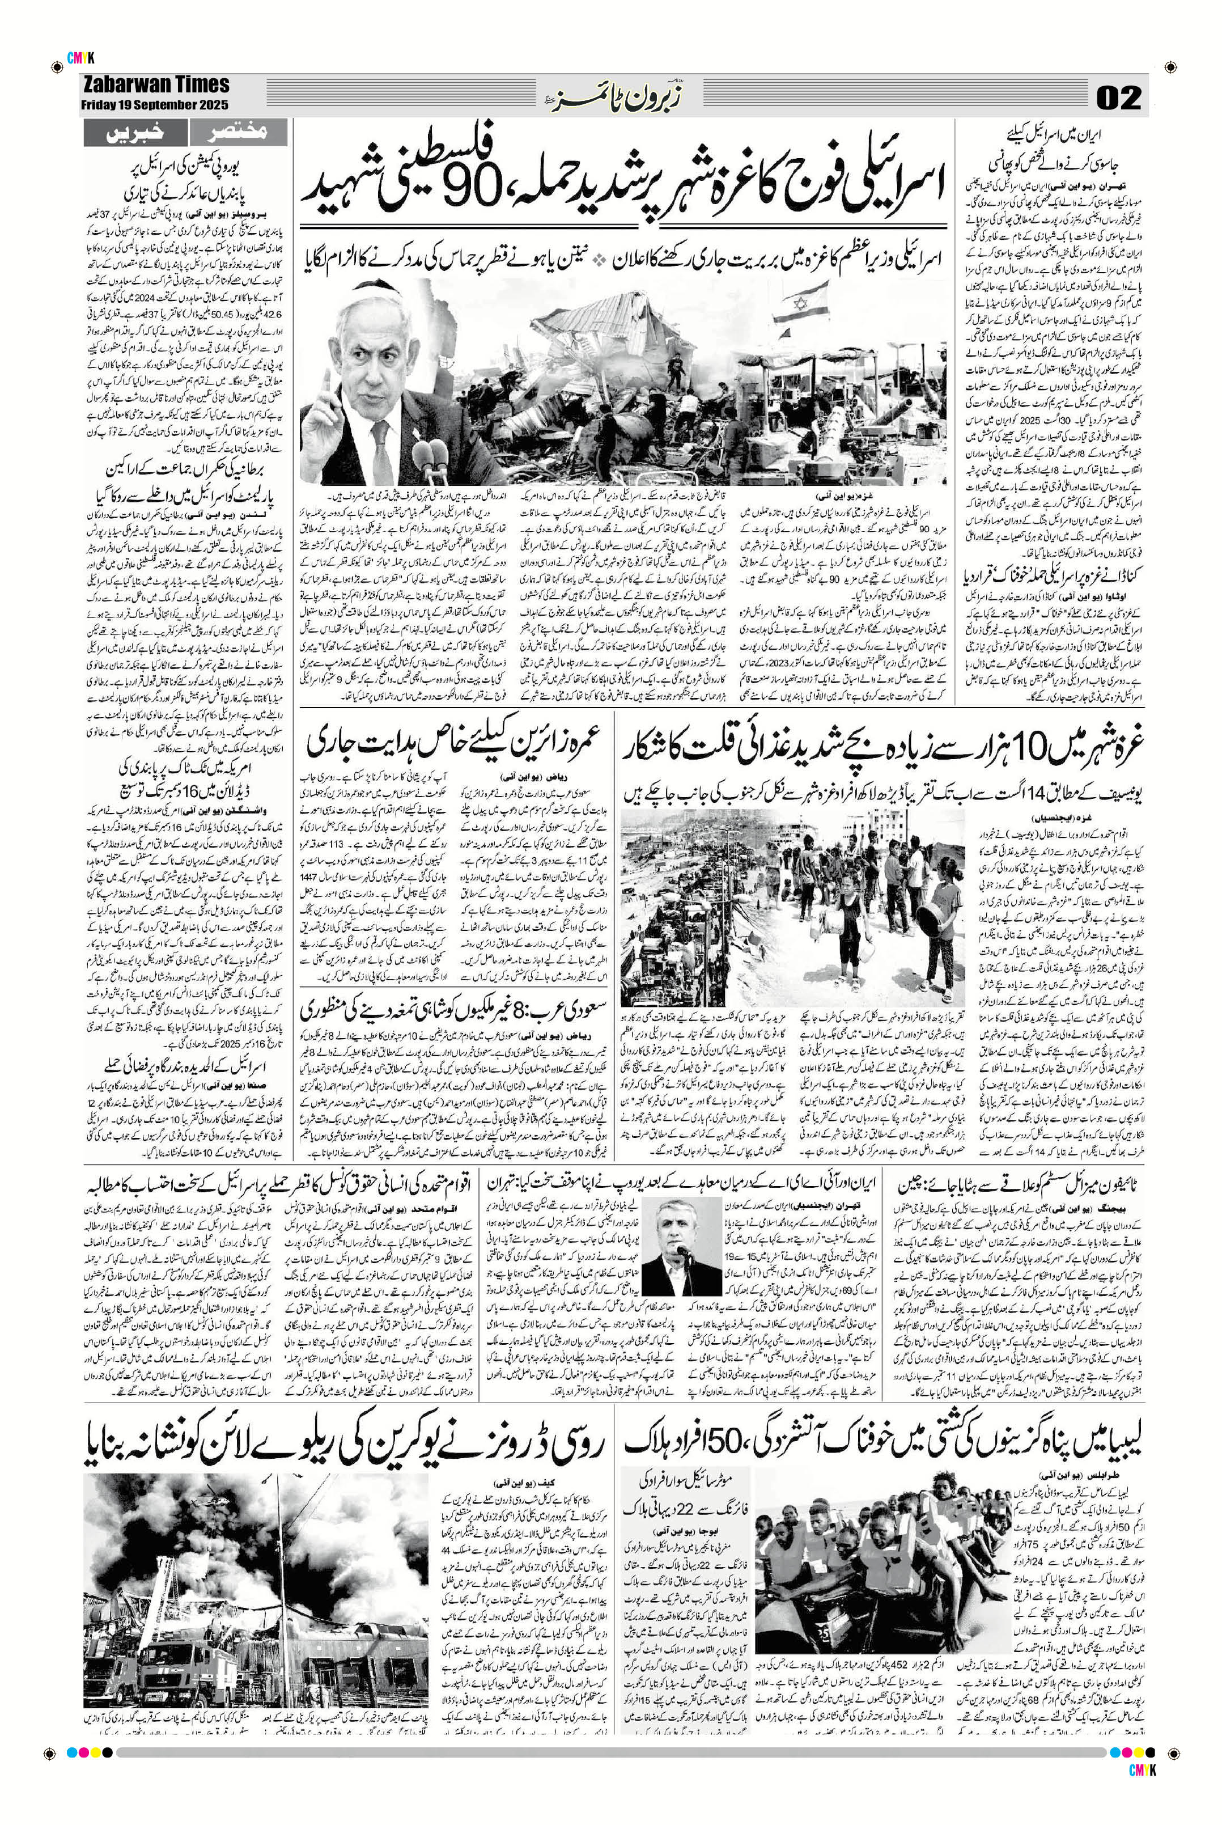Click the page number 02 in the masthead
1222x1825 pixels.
(x=1118, y=97)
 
